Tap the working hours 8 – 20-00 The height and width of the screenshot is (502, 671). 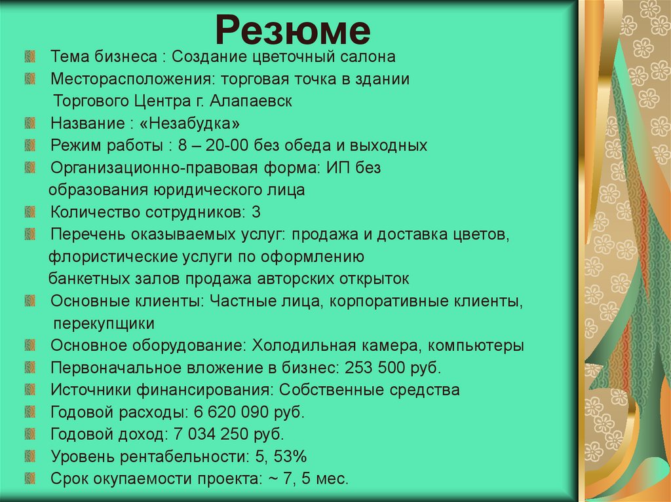click(206, 146)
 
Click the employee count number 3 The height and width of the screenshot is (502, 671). click(256, 212)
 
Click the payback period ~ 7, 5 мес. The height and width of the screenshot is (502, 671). click(307, 479)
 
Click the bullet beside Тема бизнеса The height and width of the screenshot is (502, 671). click(29, 56)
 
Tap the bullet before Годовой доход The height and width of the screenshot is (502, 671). click(29, 434)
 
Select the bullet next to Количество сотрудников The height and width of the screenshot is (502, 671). click(29, 211)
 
